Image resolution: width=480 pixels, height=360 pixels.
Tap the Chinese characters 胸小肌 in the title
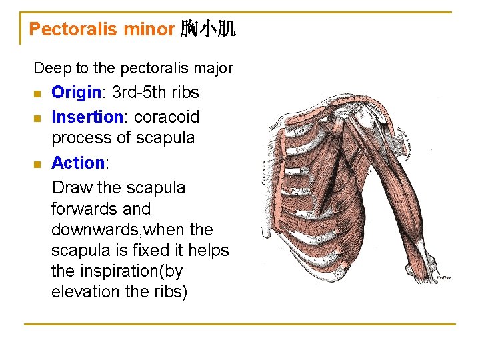coord(208,29)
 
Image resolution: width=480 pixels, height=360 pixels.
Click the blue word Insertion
coord(87,117)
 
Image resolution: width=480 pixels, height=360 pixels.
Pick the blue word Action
coord(78,163)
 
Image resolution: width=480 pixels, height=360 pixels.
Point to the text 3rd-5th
coord(131,92)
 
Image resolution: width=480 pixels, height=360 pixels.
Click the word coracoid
coord(167,117)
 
